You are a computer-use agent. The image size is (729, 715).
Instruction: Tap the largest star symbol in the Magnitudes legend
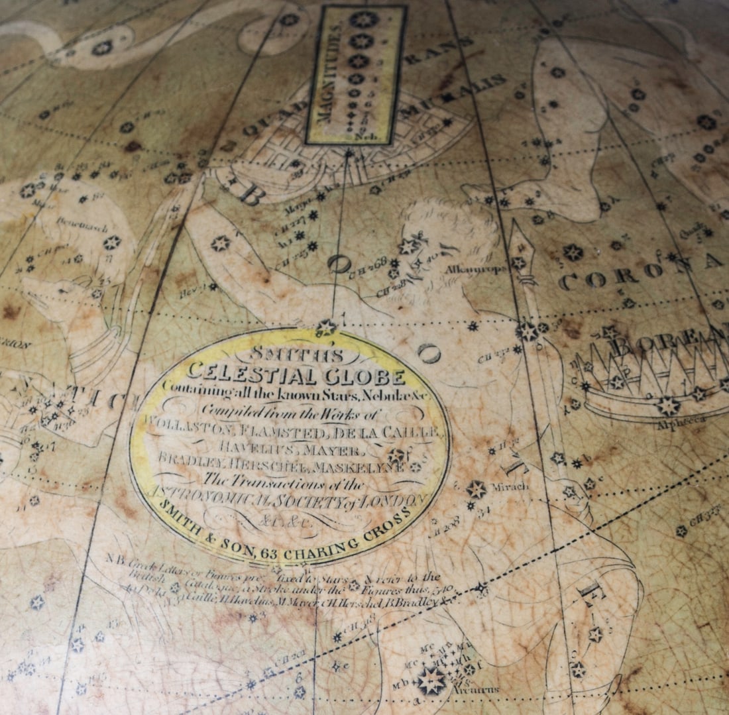[x=364, y=19]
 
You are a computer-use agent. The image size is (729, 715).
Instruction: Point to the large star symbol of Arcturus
[x=431, y=681]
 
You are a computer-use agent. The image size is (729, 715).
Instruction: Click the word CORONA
[x=633, y=272]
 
